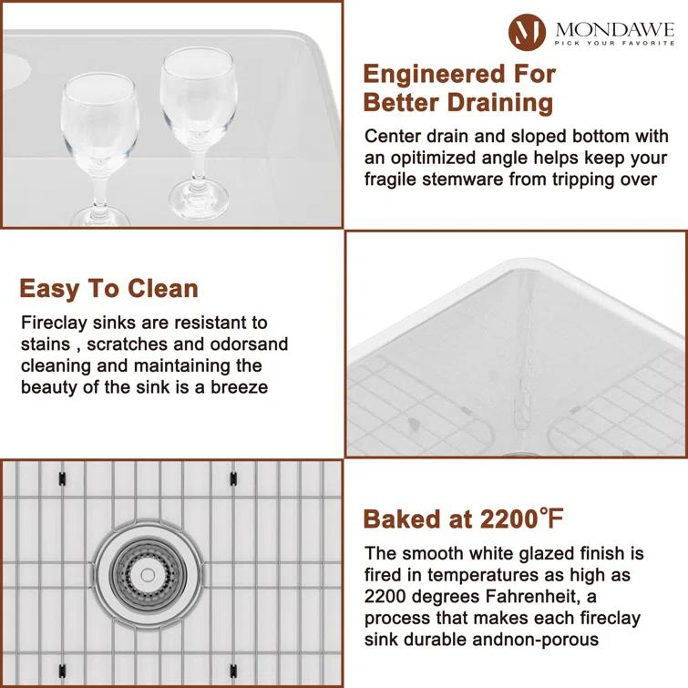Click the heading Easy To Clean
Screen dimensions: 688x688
click(108, 289)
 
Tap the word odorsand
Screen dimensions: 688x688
click(250, 344)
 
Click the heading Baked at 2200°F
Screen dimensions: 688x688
click(463, 519)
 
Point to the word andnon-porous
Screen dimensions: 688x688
click(536, 639)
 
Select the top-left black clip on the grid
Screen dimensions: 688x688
click(61, 477)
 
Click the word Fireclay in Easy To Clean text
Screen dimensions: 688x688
click(53, 323)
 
